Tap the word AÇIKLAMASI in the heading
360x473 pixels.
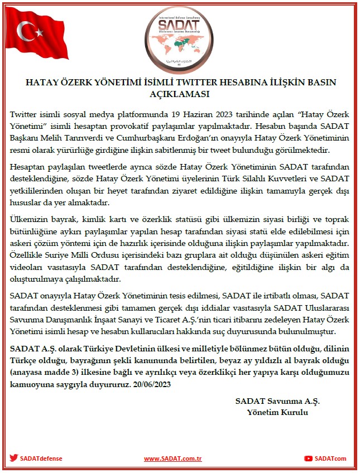tap(180, 93)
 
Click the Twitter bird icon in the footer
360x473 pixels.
tap(13, 458)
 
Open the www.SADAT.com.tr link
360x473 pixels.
tap(172, 458)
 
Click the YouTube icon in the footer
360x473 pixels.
tap(308, 458)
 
